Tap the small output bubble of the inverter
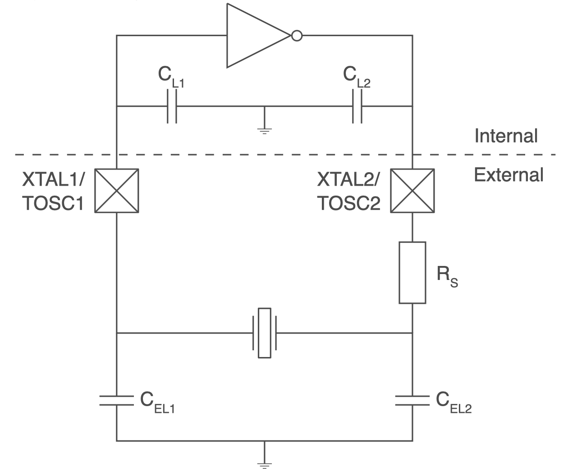[297, 36]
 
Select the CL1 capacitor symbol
[172, 106]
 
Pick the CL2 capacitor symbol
[357, 106]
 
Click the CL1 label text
[171, 77]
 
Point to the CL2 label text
[357, 77]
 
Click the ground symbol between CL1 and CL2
[265, 131]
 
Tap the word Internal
[506, 136]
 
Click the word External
[508, 174]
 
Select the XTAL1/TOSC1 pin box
[117, 191]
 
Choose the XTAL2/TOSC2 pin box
[412, 191]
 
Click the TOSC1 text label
[53, 203]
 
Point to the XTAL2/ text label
[348, 179]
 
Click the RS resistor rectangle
[412, 273]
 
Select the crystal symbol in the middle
[265, 333]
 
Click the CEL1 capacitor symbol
[117, 401]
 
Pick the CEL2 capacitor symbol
[412, 401]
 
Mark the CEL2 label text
[454, 403]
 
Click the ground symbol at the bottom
[265, 465]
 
